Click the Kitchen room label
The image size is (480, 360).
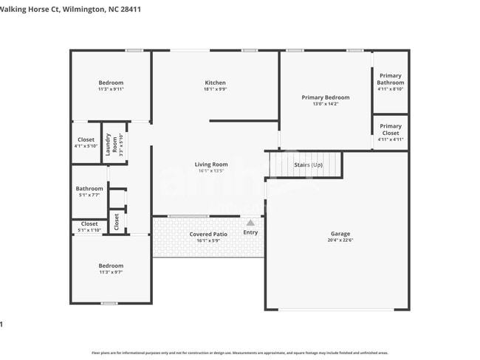point(215,83)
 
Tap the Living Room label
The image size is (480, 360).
point(211,165)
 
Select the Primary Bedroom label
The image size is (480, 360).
point(326,97)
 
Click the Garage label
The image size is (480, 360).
point(340,233)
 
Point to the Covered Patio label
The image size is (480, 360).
point(208,234)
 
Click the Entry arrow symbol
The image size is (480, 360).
point(250,222)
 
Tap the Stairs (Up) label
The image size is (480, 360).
point(308,165)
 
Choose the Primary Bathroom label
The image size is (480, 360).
point(391,79)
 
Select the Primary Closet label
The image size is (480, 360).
point(391,129)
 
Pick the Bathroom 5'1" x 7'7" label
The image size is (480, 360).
point(89,189)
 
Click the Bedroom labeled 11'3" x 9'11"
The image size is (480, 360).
point(111,83)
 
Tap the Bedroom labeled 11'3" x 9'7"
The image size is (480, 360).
point(111,266)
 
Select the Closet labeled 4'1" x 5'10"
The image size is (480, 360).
point(86,139)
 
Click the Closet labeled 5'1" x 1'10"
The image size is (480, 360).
point(89,224)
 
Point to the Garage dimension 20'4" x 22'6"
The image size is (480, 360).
point(340,240)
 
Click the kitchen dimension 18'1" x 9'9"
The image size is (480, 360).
point(215,89)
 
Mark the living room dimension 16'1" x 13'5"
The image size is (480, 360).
point(211,171)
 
